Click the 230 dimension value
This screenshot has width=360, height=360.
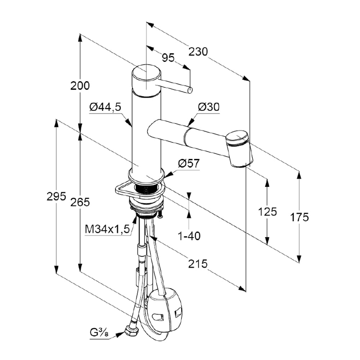198,52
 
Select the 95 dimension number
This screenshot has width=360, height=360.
168,57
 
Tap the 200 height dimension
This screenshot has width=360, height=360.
80,86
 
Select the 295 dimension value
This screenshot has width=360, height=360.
57,197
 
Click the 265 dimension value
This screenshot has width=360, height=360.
80,202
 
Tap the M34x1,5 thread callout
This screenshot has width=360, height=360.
107,229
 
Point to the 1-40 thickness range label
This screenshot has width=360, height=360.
189,236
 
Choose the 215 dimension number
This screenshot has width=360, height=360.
198,264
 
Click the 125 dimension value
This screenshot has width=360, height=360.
267,211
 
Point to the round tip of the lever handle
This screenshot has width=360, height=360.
190,90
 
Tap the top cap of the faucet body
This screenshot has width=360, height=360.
146,77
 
